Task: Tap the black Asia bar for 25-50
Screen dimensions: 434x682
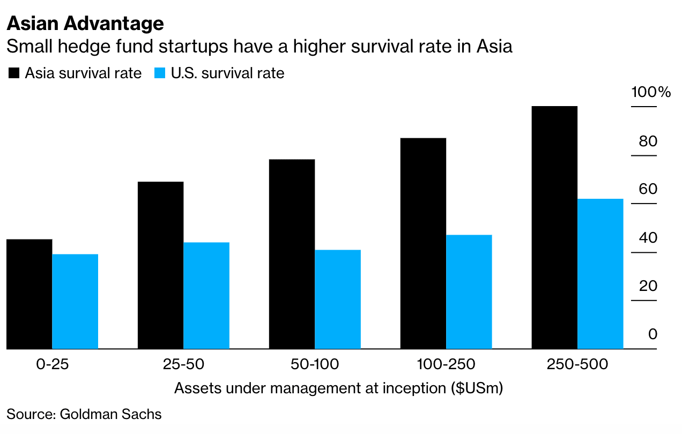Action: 160,265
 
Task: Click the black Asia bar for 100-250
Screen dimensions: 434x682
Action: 423,243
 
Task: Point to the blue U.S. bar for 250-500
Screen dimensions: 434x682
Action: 600,274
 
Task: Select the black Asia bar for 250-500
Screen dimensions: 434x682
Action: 554,227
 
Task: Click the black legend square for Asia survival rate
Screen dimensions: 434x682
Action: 13,73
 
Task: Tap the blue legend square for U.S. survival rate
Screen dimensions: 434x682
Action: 160,73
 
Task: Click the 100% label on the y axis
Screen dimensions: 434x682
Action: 651,92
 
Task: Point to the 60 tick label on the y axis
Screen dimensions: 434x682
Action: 648,189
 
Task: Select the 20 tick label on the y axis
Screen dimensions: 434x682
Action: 648,286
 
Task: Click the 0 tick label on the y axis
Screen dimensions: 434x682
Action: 652,334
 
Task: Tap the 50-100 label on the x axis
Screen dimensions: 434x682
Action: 315,365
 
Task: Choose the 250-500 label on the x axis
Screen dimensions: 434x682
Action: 577,365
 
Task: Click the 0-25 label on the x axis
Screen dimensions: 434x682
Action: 53,365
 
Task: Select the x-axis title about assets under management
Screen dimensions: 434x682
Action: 338,388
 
